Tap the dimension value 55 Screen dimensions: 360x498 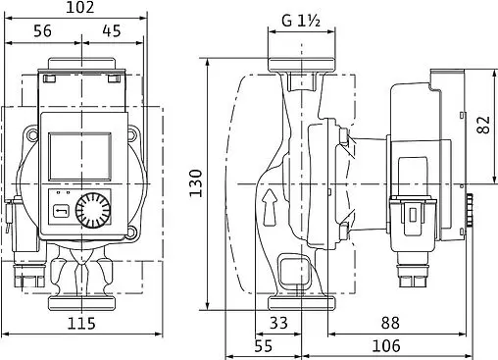tap(263, 346)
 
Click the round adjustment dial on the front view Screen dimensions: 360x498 tap(94, 209)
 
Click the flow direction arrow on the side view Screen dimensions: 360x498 tap(269, 206)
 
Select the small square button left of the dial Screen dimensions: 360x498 tap(61, 209)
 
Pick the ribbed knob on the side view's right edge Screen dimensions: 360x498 tap(468, 208)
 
